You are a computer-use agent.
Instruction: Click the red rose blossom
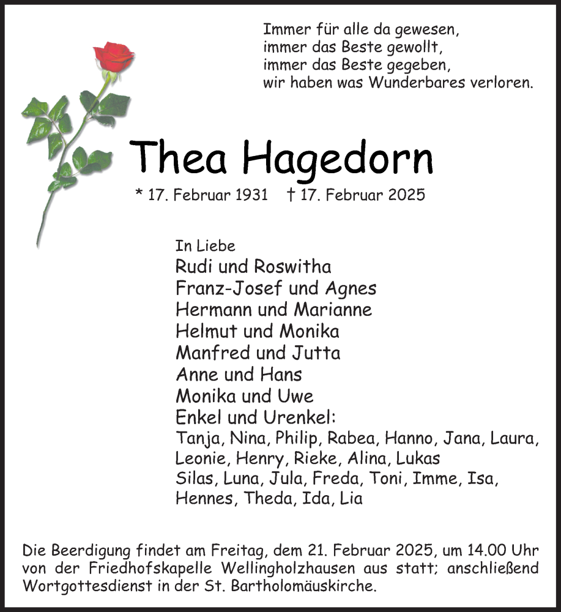click(113, 57)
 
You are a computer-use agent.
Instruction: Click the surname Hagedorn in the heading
click(338, 158)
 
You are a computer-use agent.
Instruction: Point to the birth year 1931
click(251, 195)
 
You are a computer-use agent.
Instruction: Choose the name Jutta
click(316, 353)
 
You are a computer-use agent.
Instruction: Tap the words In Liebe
click(205, 245)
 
